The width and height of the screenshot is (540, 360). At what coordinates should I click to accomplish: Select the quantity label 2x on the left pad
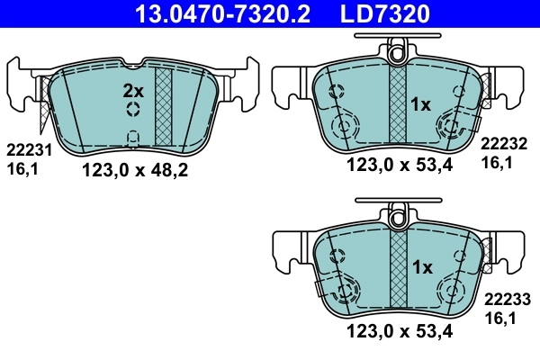132,90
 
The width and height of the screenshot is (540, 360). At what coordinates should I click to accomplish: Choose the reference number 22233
507,299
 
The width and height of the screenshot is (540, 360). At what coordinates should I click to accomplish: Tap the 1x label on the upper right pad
420,104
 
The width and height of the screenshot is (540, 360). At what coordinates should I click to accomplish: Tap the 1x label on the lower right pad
420,267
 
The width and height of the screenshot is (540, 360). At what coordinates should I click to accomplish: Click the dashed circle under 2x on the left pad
133,109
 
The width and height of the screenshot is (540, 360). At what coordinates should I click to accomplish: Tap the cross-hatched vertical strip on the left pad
164,105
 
